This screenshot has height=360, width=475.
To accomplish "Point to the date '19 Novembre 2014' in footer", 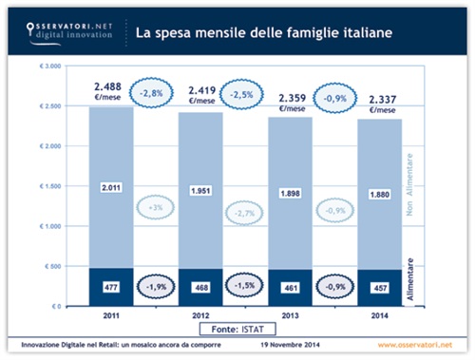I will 284,344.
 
